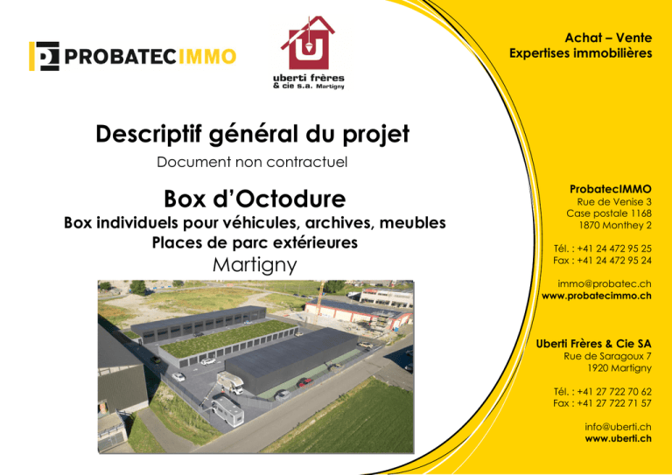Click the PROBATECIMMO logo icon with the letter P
(x=44, y=56)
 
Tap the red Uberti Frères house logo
(x=308, y=43)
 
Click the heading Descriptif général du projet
(x=252, y=134)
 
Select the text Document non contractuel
(x=252, y=163)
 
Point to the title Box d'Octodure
(x=255, y=199)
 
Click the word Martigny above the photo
(x=255, y=265)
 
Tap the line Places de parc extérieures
(x=255, y=242)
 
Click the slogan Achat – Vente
(x=608, y=38)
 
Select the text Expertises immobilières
(x=581, y=53)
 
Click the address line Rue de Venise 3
(x=614, y=202)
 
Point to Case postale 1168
(x=609, y=213)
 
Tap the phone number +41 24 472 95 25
(x=614, y=248)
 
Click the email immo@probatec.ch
(x=605, y=283)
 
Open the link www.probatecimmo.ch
(x=597, y=296)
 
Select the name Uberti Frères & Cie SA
(x=593, y=344)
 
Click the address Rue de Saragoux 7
(x=608, y=356)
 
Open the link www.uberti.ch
(x=619, y=438)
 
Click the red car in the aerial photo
(x=304, y=382)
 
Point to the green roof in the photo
(x=227, y=339)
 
